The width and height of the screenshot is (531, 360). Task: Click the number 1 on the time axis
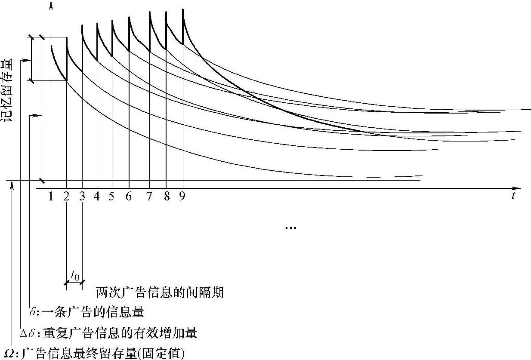pos(51,197)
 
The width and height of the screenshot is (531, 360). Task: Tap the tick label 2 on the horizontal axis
pos(66,197)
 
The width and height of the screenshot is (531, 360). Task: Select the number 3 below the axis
pos(82,197)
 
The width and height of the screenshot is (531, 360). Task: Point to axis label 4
pos(96,197)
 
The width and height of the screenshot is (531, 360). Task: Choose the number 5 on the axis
pos(111,197)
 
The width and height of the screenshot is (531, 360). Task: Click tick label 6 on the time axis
pos(129,197)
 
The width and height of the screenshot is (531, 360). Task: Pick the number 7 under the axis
pos(149,197)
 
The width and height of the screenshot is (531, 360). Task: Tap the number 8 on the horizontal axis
pos(167,197)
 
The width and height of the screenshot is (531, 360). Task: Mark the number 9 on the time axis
pos(182,197)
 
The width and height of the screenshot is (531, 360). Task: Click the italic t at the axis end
pos(513,197)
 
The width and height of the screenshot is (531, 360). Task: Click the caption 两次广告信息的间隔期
pos(160,293)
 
